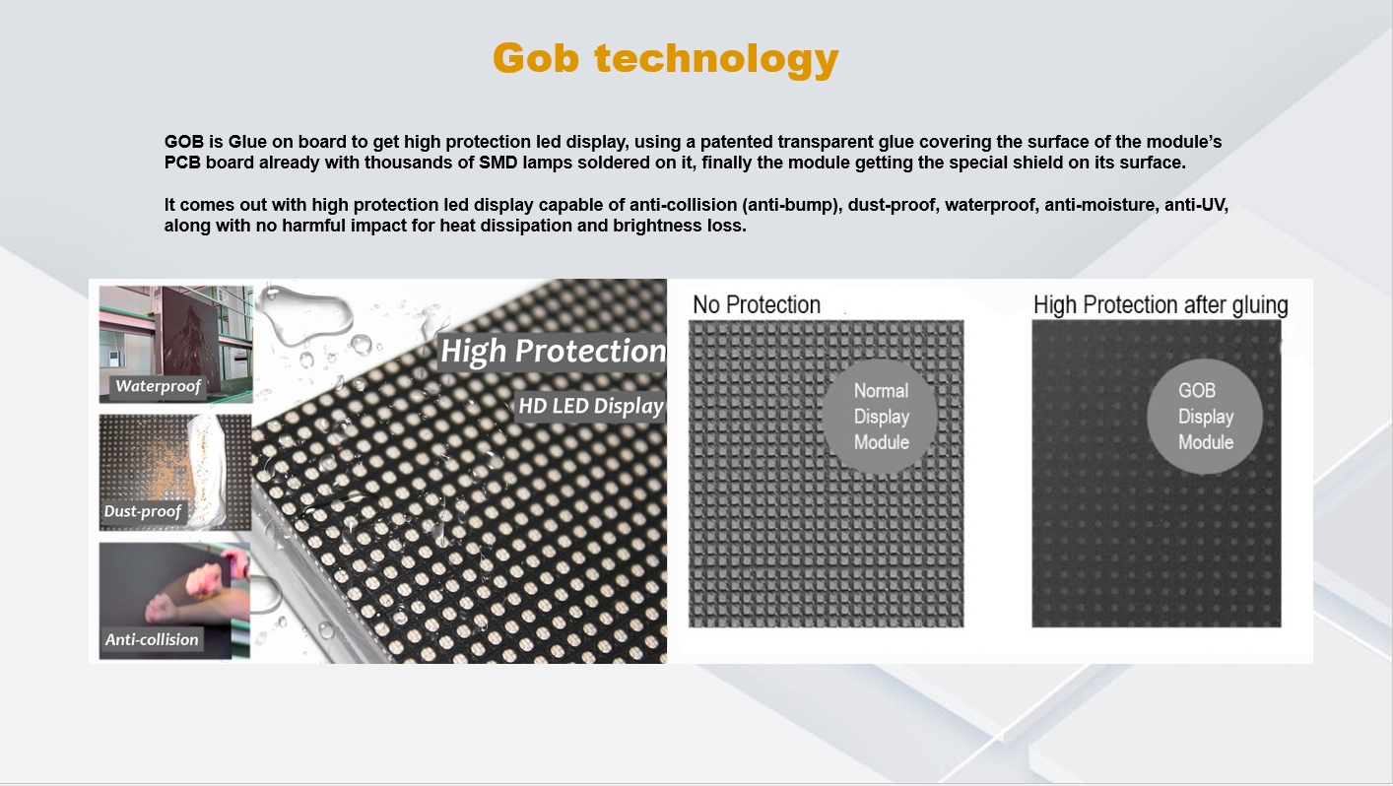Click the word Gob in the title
coord(536,58)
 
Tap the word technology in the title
coord(717,60)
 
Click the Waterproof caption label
coord(158,386)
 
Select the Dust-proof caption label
coord(143,511)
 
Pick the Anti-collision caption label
coord(152,639)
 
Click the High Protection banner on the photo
coord(553,351)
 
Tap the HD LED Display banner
coord(591,406)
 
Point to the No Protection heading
coord(757,304)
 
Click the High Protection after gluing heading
coord(1161,305)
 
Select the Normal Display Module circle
coord(880,416)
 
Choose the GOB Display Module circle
coord(1205,416)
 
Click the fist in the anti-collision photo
coord(203,578)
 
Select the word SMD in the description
coord(498,163)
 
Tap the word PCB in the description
coord(182,163)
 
